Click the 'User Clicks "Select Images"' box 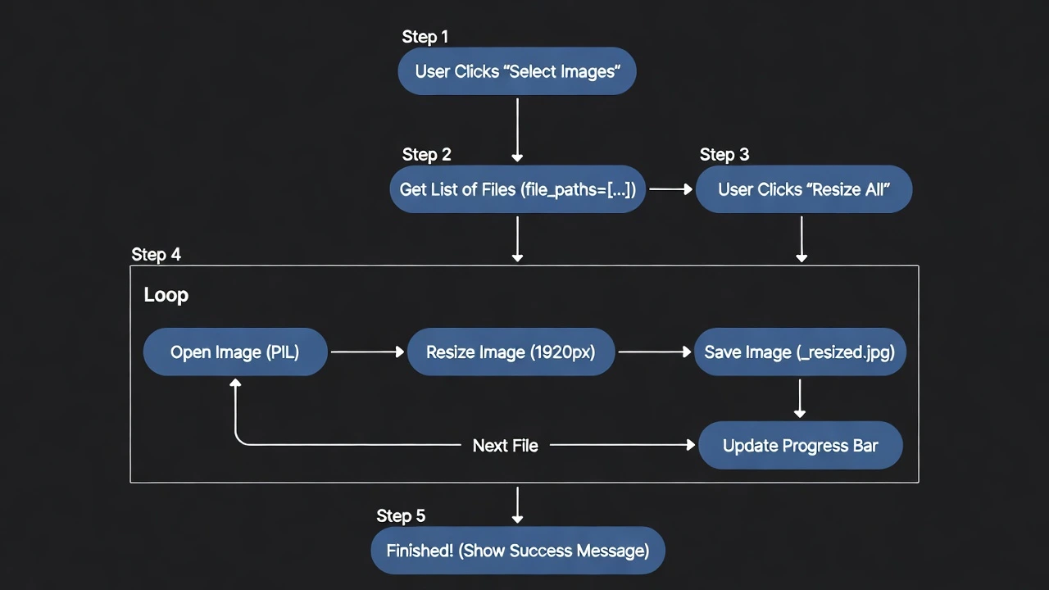[x=516, y=71]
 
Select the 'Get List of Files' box [x=517, y=189]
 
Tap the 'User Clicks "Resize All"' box [x=803, y=189]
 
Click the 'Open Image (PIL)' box [x=235, y=352]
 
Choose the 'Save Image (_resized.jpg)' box [x=799, y=352]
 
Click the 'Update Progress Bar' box [x=800, y=446]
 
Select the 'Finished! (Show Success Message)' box [x=517, y=551]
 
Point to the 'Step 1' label [x=425, y=37]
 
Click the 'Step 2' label [x=426, y=155]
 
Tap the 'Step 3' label [x=724, y=155]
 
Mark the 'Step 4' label [x=156, y=255]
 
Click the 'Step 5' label [x=401, y=516]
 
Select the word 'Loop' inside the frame [x=166, y=295]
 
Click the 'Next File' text [x=505, y=446]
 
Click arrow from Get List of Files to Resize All [x=670, y=189]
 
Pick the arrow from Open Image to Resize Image [x=367, y=352]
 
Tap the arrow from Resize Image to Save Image [x=654, y=352]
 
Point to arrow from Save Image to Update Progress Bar [x=800, y=399]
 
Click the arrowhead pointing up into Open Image [x=235, y=383]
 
